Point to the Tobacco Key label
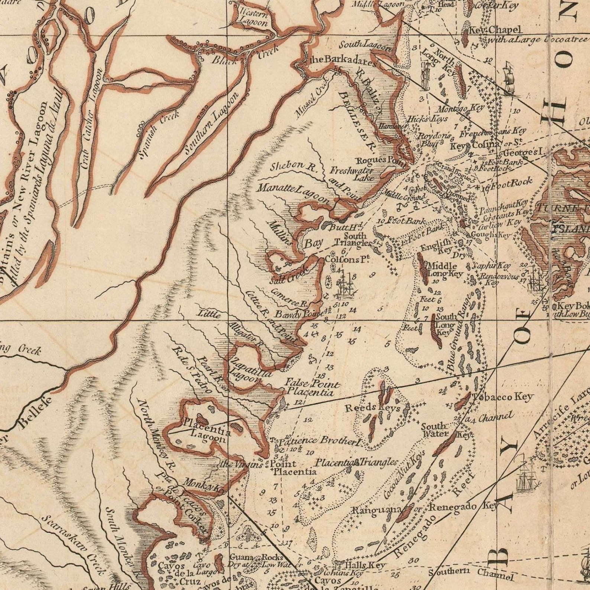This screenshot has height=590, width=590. pos(503,397)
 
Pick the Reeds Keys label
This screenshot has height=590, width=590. pos(373,408)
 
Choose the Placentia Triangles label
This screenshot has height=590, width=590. pos(356,463)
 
